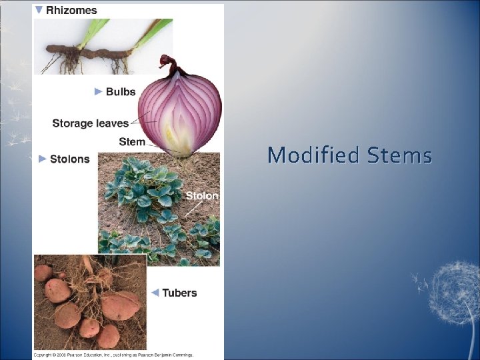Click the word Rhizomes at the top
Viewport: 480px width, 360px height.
[71, 10]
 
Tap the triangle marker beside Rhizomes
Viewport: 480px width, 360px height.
[39, 10]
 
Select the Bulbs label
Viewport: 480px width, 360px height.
[121, 91]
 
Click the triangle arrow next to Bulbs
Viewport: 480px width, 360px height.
[99, 91]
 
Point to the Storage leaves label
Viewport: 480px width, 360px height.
[90, 123]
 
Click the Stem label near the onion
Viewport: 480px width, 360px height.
[131, 141]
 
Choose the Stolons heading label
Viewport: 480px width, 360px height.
[69, 159]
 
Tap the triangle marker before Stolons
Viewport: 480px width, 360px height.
[42, 159]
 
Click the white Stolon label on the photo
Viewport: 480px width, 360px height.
[201, 195]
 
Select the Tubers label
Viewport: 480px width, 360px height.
[179, 293]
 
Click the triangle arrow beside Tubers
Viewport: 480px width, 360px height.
[154, 293]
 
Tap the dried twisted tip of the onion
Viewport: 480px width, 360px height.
[168, 65]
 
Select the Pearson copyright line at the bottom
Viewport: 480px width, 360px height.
[113, 355]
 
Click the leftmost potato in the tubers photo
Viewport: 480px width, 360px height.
[43, 273]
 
